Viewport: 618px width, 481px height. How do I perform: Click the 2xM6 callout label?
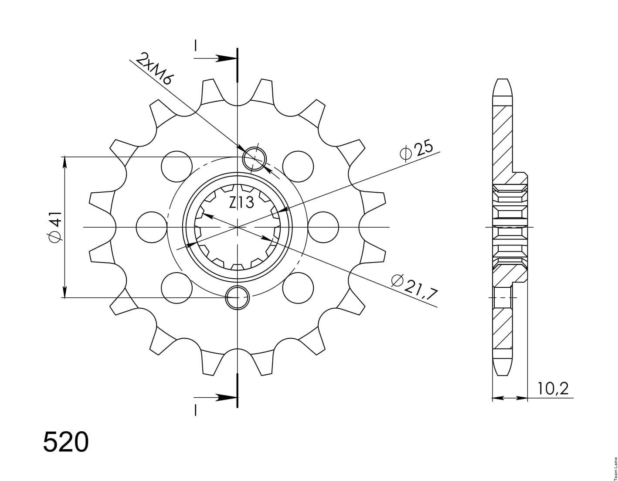click(153, 68)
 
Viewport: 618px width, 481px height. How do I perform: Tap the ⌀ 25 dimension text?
click(416, 151)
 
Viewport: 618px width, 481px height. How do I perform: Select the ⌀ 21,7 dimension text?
click(415, 288)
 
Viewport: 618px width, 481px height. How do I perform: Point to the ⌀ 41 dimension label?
click(54, 227)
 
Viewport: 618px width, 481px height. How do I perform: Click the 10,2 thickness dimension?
click(553, 389)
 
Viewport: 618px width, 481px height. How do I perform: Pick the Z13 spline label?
click(241, 203)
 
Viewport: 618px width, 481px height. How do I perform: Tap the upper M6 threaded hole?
click(254, 159)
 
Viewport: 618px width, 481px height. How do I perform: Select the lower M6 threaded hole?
click(237, 297)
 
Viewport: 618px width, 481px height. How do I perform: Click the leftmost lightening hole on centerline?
click(152, 227)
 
